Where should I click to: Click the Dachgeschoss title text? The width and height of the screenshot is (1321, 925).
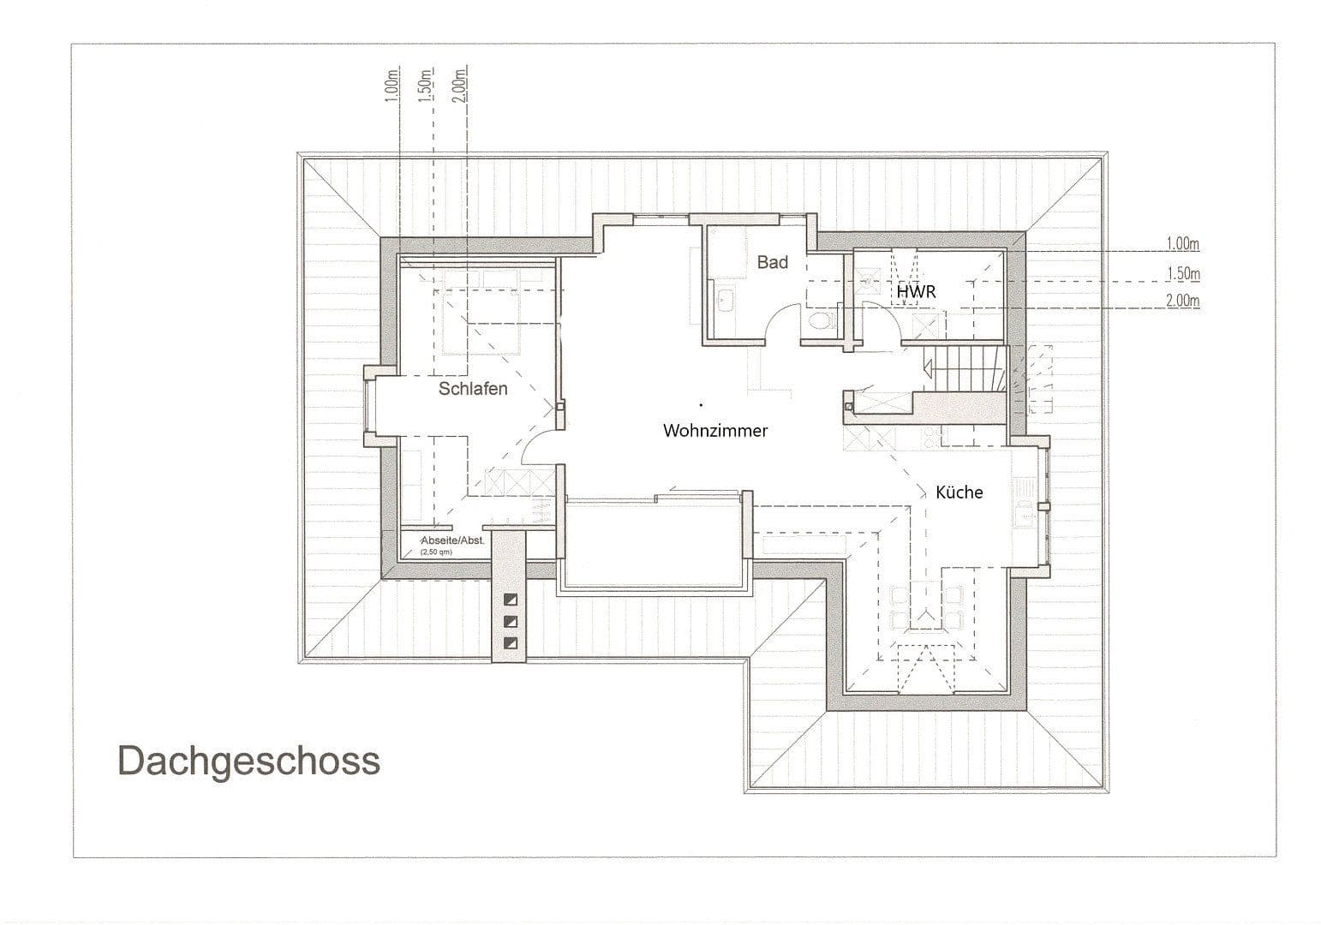(248, 761)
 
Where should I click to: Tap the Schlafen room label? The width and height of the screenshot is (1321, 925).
(473, 389)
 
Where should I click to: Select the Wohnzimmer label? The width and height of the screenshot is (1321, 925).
(715, 431)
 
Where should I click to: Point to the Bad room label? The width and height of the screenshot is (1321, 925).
(772, 263)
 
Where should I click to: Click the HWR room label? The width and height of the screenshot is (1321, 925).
(916, 292)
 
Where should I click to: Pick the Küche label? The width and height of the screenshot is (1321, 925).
(959, 492)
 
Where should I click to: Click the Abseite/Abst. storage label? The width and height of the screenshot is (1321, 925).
(453, 540)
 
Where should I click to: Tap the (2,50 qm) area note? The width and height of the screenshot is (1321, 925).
(436, 552)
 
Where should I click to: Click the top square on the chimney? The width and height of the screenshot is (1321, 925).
(511, 600)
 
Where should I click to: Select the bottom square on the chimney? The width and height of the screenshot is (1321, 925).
(511, 642)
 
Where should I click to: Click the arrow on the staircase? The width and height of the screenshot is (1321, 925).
(929, 367)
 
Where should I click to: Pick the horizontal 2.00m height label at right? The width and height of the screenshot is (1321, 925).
(1182, 301)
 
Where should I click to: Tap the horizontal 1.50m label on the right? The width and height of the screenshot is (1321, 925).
(1182, 274)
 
